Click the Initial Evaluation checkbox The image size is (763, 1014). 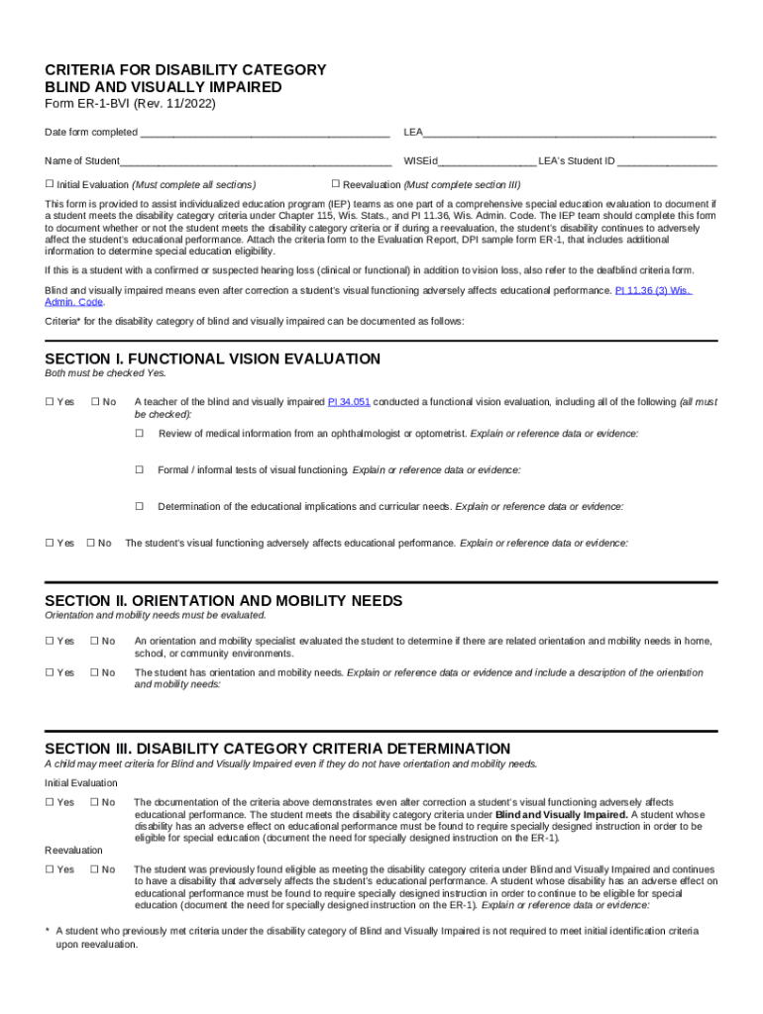coord(50,184)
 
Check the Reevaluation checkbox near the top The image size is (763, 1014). coord(336,184)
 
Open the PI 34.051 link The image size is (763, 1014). coord(349,402)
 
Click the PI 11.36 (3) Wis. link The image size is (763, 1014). coord(653,291)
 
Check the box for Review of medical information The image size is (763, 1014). coord(140,434)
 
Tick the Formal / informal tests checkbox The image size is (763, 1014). coord(140,470)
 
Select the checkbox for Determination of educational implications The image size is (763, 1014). coord(140,507)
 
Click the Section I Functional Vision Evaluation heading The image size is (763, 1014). coord(213,358)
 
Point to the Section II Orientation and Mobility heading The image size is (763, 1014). coord(224,601)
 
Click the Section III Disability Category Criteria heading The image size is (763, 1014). coord(277,749)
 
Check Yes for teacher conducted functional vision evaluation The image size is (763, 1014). coord(50,402)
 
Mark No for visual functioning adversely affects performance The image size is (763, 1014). coord(91,543)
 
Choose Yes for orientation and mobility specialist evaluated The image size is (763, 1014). coord(50,641)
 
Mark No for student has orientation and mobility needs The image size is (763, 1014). coord(95,672)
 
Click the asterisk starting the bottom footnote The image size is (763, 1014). coord(48,932)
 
